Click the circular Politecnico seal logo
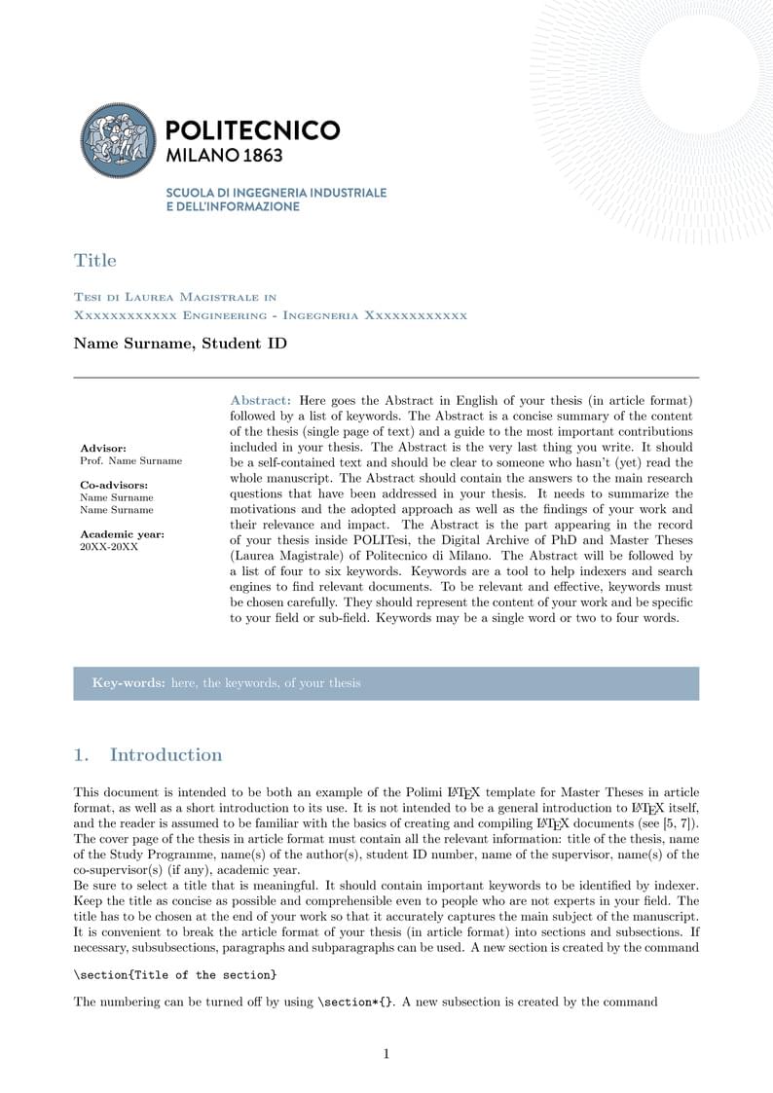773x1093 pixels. pyautogui.click(x=117, y=141)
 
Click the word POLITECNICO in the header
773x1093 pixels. pyautogui.click(x=253, y=130)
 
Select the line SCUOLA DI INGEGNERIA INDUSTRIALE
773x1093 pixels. pyautogui.click(x=276, y=193)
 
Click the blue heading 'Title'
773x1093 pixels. pyautogui.click(x=94, y=260)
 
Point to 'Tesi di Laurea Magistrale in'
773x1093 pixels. pyautogui.click(x=175, y=297)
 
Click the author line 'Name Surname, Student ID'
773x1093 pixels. pyautogui.click(x=180, y=344)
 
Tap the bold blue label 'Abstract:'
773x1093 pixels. pyautogui.click(x=260, y=400)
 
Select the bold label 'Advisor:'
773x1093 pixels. pyautogui.click(x=103, y=449)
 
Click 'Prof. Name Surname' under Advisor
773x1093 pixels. pyautogui.click(x=130, y=460)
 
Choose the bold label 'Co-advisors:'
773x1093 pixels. pyautogui.click(x=114, y=485)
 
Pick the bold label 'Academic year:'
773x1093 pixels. pyautogui.click(x=122, y=534)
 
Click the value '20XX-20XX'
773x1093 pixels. pyautogui.click(x=109, y=547)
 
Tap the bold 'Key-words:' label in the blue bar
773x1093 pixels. pyautogui.click(x=129, y=683)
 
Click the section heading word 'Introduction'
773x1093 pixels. pyautogui.click(x=166, y=755)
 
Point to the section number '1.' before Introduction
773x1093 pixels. pyautogui.click(x=82, y=755)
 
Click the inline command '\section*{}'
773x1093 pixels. pyautogui.click(x=355, y=1002)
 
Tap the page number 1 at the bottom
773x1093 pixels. pyautogui.click(x=386, y=1053)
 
